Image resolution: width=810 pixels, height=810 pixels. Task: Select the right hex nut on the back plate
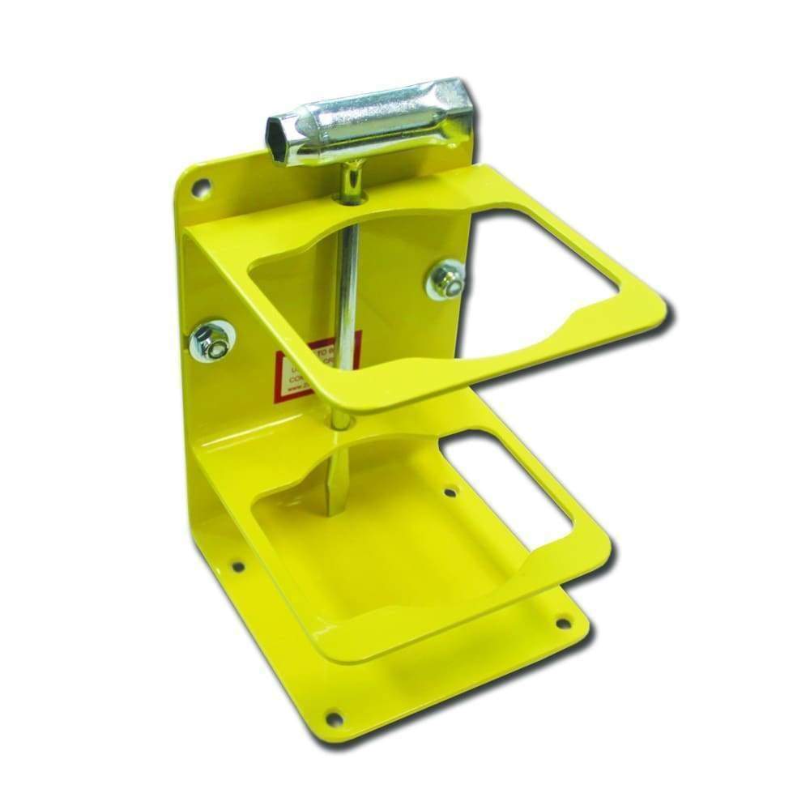tap(445, 279)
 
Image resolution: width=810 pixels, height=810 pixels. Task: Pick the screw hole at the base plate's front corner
tap(333, 716)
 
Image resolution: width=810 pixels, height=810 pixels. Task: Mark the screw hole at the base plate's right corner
tap(561, 623)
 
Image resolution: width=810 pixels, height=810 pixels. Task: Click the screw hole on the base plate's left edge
tap(237, 565)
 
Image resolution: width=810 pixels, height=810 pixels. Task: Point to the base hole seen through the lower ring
tap(451, 490)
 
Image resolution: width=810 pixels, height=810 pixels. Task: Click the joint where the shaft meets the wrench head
tap(352, 166)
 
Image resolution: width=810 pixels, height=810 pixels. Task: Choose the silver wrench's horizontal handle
tap(373, 122)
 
